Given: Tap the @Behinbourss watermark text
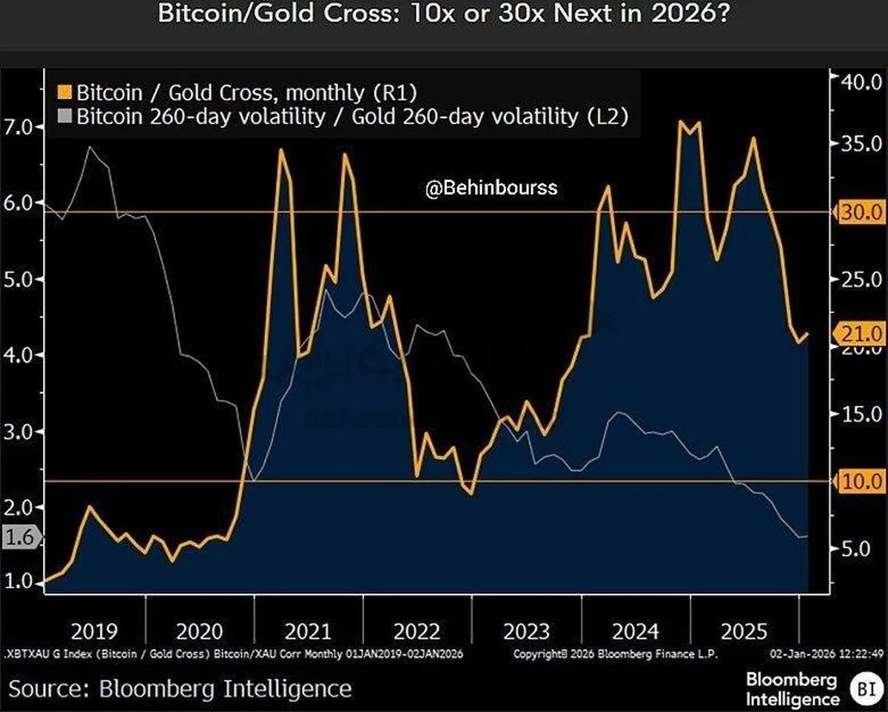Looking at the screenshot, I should (491, 189).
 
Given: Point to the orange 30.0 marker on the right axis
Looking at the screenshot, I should (861, 212).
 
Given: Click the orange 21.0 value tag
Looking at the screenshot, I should (861, 334).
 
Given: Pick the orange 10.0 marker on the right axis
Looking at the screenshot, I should (861, 481).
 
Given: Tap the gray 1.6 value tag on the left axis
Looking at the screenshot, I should (19, 537).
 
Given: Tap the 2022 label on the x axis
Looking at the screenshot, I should (417, 631).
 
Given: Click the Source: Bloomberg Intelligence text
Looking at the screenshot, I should (180, 689).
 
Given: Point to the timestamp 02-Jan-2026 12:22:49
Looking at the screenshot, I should (827, 654).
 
